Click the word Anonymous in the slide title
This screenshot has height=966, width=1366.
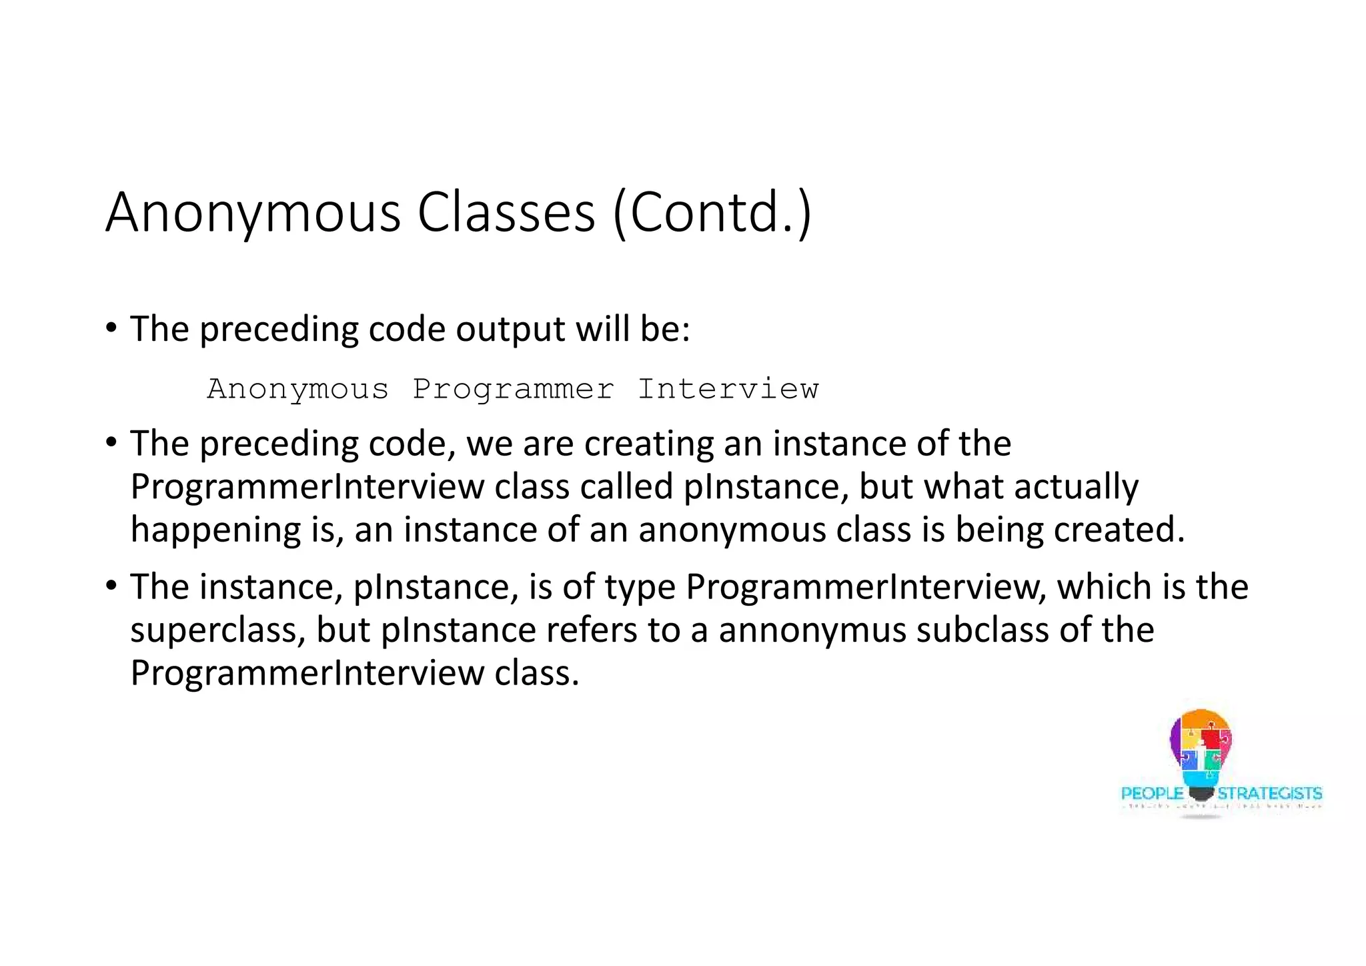[x=253, y=213]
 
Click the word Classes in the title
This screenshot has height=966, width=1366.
[x=506, y=212]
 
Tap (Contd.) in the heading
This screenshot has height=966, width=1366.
[x=712, y=212]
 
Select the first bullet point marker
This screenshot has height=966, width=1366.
[x=111, y=328]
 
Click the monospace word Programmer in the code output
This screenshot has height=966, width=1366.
[x=513, y=389]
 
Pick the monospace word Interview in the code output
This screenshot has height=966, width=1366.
[x=728, y=389]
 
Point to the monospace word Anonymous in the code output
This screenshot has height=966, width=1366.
[x=297, y=389]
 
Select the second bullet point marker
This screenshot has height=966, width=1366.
[x=111, y=443]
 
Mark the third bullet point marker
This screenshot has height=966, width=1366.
[x=111, y=586]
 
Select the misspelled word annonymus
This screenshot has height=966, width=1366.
[x=812, y=630]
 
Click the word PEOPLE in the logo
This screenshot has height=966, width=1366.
[x=1152, y=794]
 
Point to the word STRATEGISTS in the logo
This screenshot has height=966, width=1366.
[x=1269, y=794]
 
